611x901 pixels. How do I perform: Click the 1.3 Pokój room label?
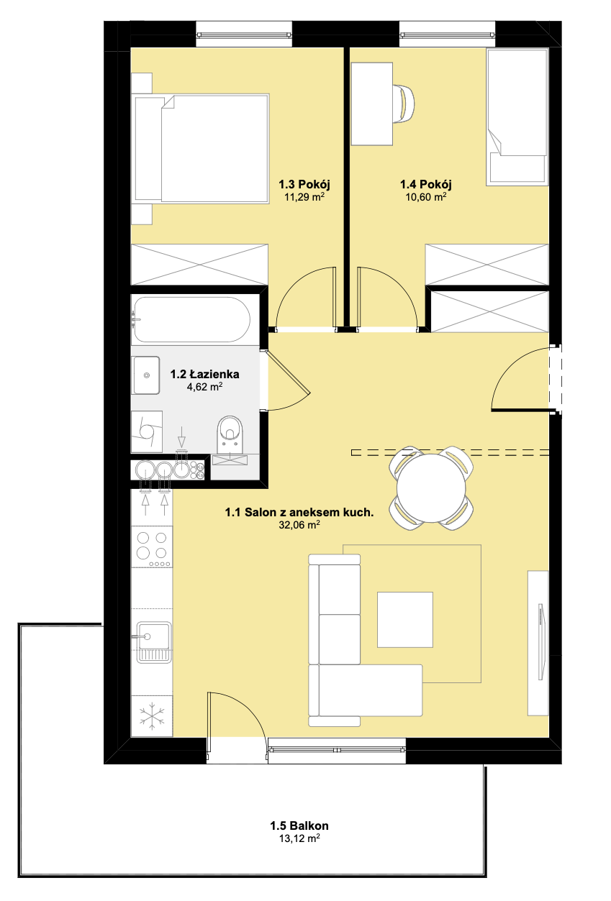tap(304, 185)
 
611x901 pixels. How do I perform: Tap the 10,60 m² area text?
tap(426, 197)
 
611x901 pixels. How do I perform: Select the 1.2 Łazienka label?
tap(204, 374)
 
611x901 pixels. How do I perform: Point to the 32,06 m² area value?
tap(299, 524)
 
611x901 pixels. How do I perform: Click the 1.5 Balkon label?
tap(299, 825)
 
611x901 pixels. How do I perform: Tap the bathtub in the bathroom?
tap(192, 319)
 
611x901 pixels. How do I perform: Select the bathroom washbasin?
tap(146, 375)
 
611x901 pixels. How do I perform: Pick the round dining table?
tap(431, 488)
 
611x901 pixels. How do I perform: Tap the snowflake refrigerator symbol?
tap(152, 716)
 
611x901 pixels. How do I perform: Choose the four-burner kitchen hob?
tap(152, 549)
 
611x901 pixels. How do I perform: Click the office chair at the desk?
tap(404, 104)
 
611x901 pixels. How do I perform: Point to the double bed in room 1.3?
tap(202, 148)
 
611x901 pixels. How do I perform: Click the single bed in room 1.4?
tap(517, 117)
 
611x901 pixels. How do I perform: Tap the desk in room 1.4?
tap(371, 104)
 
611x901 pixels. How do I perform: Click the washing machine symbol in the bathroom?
tap(147, 431)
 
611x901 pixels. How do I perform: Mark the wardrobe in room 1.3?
tap(199, 265)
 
